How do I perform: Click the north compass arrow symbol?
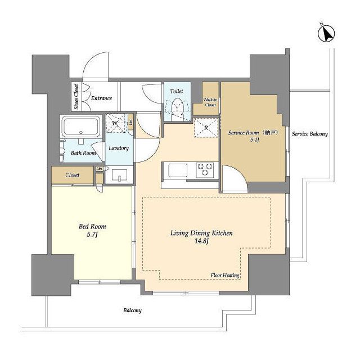coord(326,34)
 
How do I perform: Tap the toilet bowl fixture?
coord(178,108)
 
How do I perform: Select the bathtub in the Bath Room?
coord(81,127)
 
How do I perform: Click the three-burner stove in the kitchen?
coord(205,170)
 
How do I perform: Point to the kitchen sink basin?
coord(178,170)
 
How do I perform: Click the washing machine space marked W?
coord(116,123)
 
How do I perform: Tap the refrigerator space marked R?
coord(206,128)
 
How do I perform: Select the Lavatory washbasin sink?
coord(119,175)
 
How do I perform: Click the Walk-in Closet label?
coord(210,102)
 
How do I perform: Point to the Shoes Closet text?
coord(76,97)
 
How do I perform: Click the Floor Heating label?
coord(225,275)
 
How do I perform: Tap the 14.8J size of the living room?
coord(201,241)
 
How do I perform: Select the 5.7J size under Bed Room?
coord(92,235)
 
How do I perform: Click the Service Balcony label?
coord(310,134)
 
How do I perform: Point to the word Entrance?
coord(101,98)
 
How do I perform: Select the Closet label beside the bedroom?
coord(73,175)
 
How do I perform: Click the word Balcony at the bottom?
coord(133,310)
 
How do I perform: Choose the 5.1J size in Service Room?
coord(255,139)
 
